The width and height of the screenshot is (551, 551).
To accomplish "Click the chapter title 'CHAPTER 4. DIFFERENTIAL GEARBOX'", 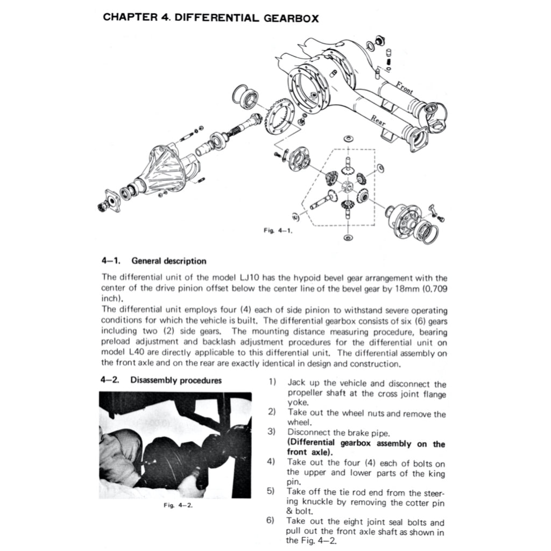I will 210,17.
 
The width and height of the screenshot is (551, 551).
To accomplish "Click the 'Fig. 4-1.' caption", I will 278,230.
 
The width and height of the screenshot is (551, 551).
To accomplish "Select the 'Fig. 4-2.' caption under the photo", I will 178,506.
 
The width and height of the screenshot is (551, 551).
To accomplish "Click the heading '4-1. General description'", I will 153,261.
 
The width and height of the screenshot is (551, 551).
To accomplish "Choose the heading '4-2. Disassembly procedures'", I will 161,380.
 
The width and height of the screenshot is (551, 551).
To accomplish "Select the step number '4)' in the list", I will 272,462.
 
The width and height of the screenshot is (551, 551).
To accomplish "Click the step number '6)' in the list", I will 272,521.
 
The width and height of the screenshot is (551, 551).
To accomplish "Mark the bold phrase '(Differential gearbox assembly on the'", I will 366,444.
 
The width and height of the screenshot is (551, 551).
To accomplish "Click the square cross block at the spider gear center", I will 347,187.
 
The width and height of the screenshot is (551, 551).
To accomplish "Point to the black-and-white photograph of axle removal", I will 176,445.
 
